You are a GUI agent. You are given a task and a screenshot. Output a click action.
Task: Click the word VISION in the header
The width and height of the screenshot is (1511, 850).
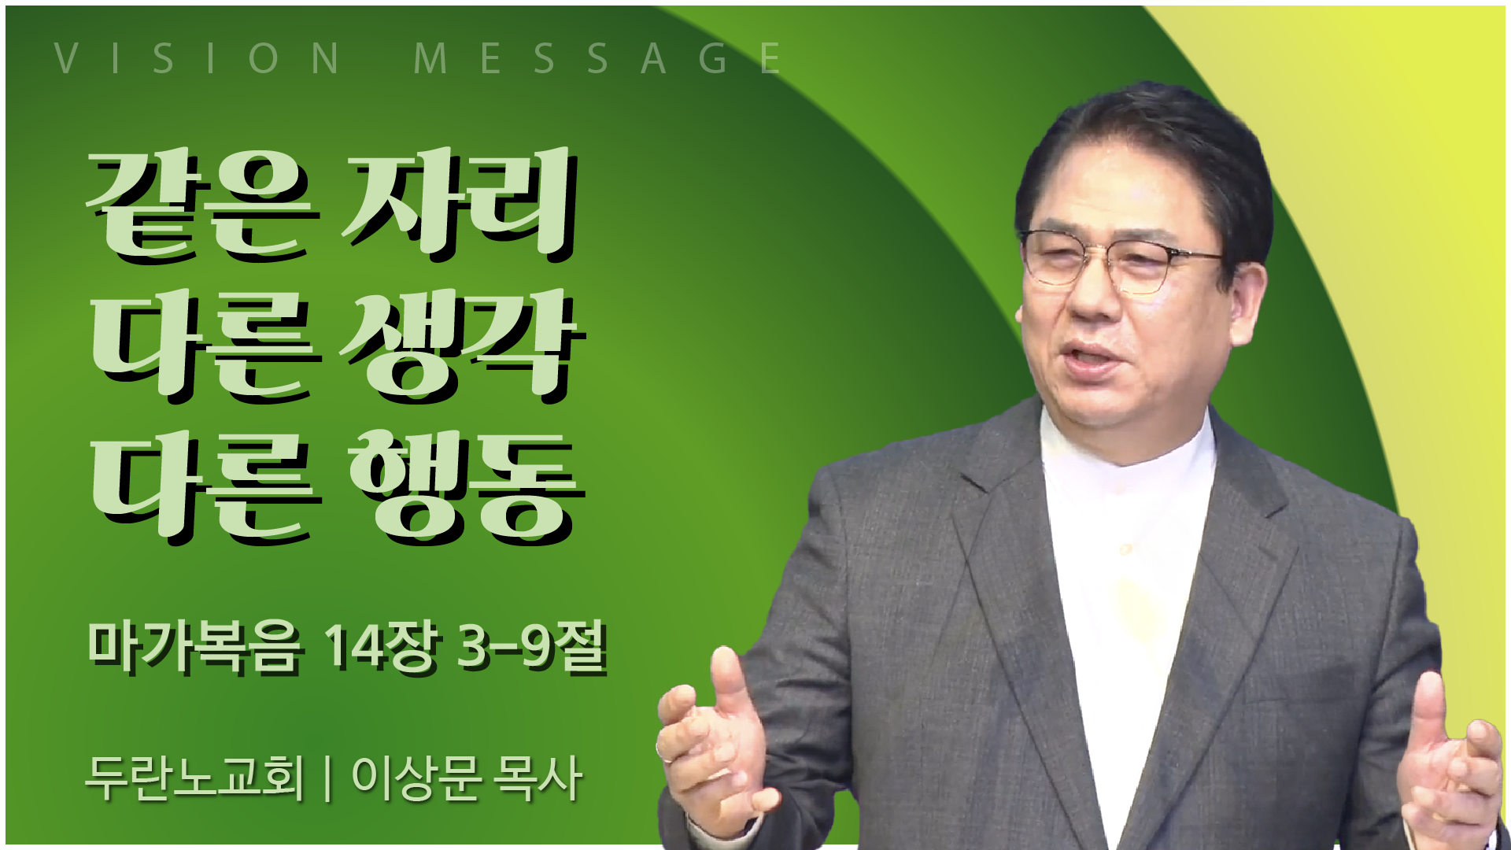197,58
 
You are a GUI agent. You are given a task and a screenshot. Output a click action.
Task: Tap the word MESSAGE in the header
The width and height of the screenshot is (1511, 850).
597,58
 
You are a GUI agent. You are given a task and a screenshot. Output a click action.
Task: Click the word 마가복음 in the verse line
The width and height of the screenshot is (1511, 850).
194,647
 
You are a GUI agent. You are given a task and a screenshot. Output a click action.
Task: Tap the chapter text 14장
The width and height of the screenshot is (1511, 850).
381,647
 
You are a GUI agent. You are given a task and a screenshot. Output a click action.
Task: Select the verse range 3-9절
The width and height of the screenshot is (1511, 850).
532,647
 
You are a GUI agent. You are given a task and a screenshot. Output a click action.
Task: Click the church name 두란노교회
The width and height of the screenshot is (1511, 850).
194,778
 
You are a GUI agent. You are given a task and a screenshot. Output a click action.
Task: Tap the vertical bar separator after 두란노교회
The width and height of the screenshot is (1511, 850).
327,778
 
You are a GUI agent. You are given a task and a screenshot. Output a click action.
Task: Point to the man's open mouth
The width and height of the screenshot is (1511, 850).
1091,359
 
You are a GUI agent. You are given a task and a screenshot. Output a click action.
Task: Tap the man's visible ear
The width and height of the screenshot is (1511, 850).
1248,303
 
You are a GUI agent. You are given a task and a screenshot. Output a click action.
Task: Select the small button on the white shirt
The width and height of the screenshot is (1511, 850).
1126,549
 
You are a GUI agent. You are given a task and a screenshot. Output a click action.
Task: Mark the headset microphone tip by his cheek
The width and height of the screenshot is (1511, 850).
1019,316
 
